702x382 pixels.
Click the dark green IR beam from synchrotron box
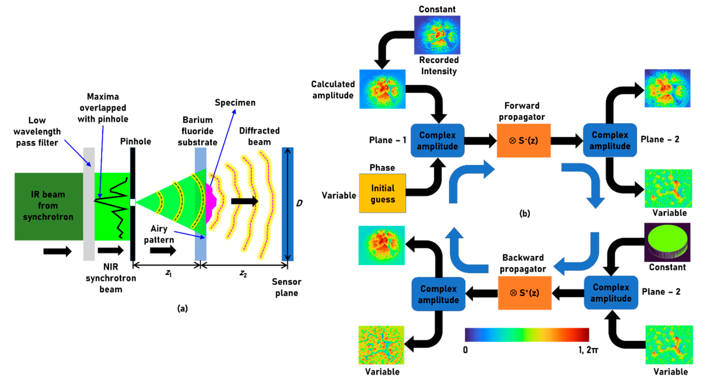48,206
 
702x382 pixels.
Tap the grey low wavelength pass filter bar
89,204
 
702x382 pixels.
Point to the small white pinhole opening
133,202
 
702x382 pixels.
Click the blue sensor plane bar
288,204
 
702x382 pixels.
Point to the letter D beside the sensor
299,203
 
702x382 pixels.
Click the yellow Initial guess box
382,193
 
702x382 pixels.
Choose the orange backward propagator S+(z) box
525,293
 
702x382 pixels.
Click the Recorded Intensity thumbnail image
437,35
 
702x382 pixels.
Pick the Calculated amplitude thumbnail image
382,89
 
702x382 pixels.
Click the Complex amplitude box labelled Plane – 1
437,140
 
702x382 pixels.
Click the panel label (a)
182,308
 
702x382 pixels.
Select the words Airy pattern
159,234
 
